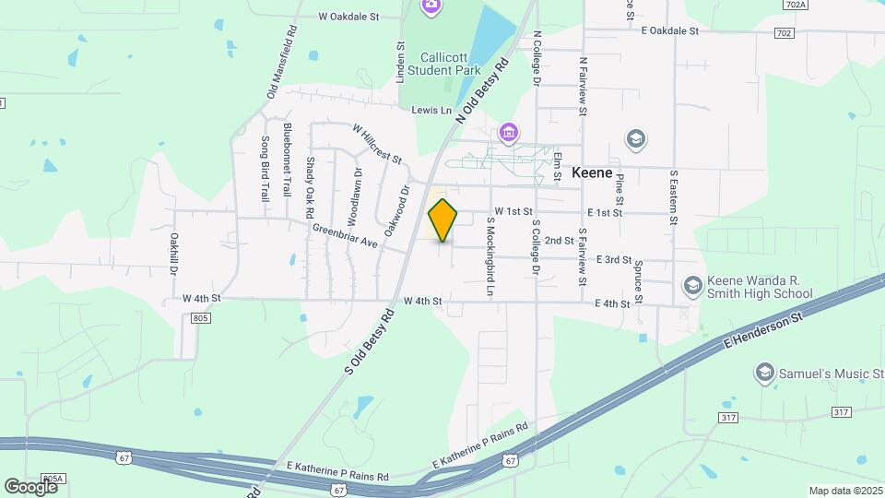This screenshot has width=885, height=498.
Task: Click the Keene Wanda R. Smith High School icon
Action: tap(691, 286)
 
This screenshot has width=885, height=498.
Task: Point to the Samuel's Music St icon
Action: tap(763, 372)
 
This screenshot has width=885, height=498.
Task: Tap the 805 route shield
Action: tap(203, 318)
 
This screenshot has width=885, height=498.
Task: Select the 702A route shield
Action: tap(795, 6)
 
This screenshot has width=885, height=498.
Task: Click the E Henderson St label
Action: tap(764, 330)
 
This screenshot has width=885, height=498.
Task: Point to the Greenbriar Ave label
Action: tap(345, 236)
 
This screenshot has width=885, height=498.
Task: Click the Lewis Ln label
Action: tap(432, 111)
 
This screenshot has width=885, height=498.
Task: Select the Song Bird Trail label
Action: tap(265, 170)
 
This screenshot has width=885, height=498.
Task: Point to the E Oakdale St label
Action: tap(669, 30)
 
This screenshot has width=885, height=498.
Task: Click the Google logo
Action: tap(29, 486)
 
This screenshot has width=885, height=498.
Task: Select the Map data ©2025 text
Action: tap(844, 491)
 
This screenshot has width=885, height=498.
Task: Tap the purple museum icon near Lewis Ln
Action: tap(508, 135)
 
